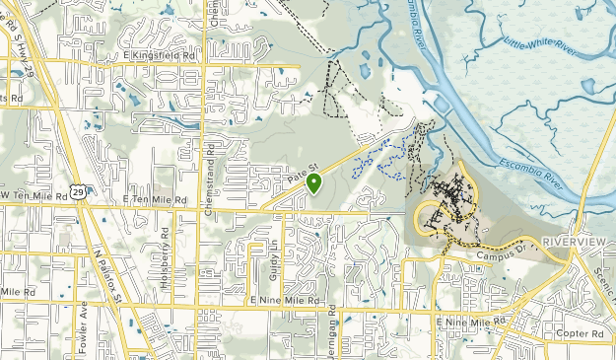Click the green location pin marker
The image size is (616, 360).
point(313,182)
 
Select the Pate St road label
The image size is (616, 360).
point(302,176)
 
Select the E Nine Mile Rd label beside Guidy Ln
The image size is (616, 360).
point(286,299)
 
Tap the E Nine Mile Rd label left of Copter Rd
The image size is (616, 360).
point(476,322)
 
